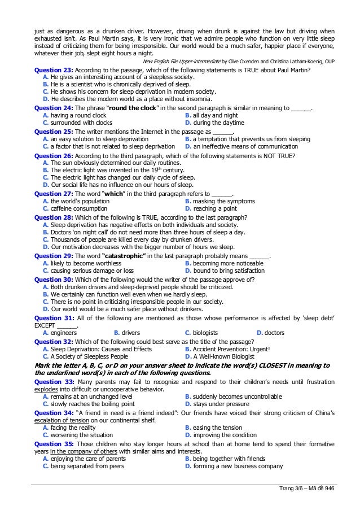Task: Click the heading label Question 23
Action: tap(53, 70)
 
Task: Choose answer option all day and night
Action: tap(215, 115)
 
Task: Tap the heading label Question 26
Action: tap(53, 155)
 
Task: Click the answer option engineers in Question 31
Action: tap(63, 333)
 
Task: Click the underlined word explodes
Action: tap(45, 389)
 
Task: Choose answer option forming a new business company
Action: tap(237, 466)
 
